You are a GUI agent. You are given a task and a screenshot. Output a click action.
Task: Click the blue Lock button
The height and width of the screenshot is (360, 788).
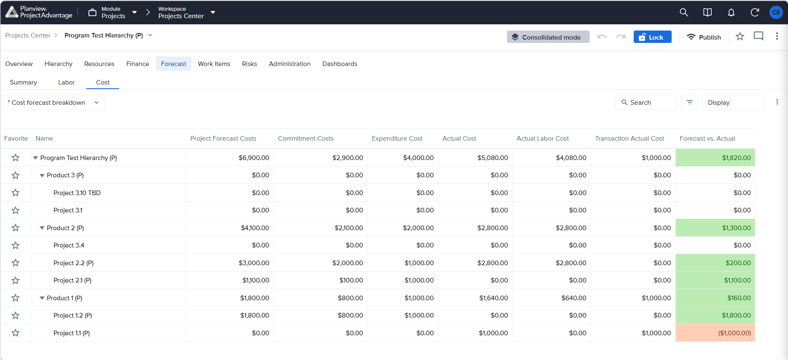652,37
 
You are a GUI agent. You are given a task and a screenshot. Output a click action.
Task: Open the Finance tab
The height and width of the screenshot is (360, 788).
137,64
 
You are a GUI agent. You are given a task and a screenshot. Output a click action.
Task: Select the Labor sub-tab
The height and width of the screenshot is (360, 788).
66,82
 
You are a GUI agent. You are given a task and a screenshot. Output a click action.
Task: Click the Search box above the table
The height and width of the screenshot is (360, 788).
646,103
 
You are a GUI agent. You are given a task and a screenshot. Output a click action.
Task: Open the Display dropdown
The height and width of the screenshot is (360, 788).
733,103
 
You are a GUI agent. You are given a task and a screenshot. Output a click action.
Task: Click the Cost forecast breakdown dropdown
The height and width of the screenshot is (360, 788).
54,103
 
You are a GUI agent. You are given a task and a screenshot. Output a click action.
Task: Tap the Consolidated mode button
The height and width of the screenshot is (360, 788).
548,37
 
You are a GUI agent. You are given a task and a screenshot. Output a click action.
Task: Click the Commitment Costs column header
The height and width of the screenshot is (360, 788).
306,139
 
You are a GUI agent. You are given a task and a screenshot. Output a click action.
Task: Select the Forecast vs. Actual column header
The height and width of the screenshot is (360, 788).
707,139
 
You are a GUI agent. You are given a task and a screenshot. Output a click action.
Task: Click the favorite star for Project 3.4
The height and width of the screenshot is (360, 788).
16,245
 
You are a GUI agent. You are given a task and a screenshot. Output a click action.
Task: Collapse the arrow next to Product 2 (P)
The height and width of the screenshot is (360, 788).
42,228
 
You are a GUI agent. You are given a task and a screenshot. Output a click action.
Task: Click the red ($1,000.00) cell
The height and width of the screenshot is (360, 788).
715,333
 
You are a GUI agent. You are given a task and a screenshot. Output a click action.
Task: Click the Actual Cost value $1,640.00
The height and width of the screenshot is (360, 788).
493,298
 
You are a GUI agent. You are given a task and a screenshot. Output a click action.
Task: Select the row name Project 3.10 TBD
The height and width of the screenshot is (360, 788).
77,193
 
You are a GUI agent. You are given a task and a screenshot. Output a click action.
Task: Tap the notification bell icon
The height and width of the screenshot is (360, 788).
731,12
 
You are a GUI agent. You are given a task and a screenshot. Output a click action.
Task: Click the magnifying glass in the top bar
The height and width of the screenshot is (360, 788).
684,12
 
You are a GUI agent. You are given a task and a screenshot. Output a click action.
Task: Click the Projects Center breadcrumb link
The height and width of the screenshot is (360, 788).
28,35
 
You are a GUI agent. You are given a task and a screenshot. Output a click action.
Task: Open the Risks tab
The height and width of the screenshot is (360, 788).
249,64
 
